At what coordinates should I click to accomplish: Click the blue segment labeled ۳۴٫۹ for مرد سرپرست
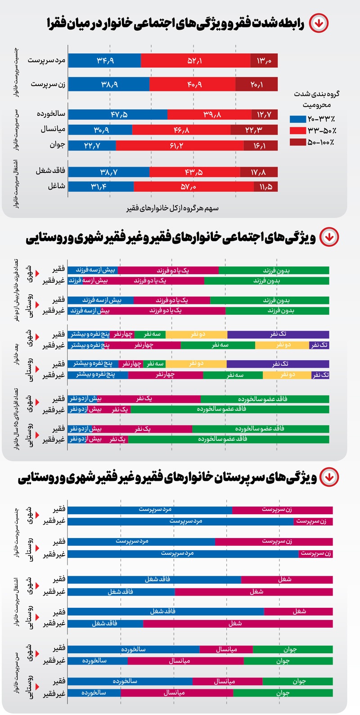tap(104, 60)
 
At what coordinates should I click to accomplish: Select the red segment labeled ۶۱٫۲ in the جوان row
tap(180, 145)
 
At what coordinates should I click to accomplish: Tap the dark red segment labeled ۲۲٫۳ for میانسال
tap(254, 130)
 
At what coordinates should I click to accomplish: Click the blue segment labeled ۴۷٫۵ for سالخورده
tap(118, 114)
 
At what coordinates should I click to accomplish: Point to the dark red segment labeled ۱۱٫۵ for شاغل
tap(266, 186)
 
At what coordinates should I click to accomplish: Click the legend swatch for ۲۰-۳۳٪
tap(298, 119)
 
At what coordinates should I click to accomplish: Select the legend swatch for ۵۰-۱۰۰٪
tap(298, 142)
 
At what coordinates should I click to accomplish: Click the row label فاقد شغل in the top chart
tap(50, 171)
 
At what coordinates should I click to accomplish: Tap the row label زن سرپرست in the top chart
tap(48, 84)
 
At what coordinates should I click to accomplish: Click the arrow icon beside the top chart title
tap(319, 23)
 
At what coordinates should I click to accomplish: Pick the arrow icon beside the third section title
tap(329, 477)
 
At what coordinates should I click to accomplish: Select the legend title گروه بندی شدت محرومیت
tap(316, 99)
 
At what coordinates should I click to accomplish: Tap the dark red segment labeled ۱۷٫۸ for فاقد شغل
tap(259, 172)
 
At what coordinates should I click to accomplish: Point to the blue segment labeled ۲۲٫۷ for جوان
tap(92, 145)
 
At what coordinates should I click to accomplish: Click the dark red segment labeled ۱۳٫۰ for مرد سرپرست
tap(264, 60)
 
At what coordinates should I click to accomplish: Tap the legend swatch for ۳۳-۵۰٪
tap(298, 131)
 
